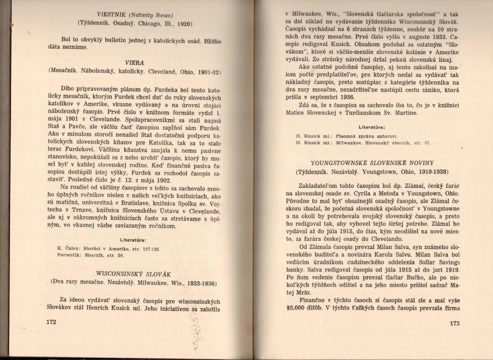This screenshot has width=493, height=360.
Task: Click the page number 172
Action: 51,322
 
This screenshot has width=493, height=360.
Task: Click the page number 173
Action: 454,323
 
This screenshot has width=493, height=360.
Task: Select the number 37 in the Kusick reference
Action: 426,143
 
